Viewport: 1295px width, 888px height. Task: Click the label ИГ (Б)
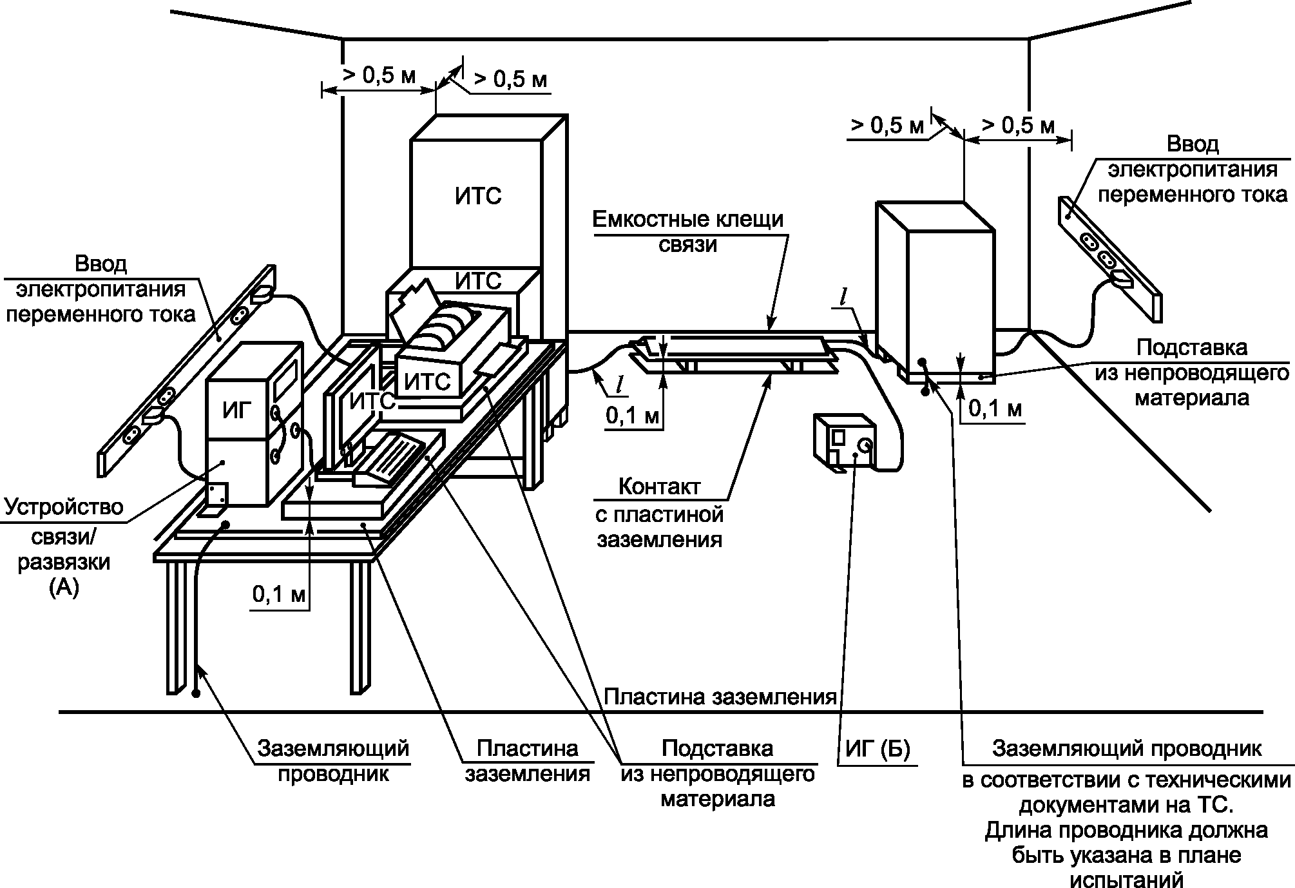(x=877, y=750)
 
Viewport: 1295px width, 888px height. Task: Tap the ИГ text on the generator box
(x=236, y=410)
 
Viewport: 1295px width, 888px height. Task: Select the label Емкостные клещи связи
(x=688, y=231)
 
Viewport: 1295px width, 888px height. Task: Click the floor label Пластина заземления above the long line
(x=720, y=697)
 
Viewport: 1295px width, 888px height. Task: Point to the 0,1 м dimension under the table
(x=278, y=594)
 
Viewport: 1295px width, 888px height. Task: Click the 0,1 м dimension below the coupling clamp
(x=633, y=416)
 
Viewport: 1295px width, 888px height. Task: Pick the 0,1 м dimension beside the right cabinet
(x=995, y=407)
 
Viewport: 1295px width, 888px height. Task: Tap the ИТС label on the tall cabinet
(x=478, y=195)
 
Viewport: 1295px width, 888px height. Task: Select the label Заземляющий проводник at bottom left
(x=333, y=760)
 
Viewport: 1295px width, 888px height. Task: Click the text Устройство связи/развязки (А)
(x=64, y=547)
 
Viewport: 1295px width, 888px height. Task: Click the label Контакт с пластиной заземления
(x=659, y=513)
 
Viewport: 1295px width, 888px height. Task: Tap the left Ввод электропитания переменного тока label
(x=101, y=289)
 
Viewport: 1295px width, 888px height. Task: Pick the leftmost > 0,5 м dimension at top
(x=379, y=75)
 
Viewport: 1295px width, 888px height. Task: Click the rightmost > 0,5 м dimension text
(x=1018, y=125)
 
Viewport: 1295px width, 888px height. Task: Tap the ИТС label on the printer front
(x=427, y=382)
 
